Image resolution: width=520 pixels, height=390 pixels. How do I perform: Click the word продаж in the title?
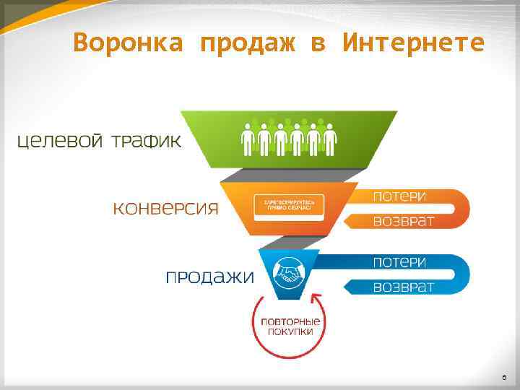[x=248, y=43]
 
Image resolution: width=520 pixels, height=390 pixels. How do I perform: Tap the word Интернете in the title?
[x=413, y=43]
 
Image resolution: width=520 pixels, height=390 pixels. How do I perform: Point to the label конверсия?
[x=165, y=209]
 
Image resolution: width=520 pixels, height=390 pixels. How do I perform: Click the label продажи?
[x=210, y=277]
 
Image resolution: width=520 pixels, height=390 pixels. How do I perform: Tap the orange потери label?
[x=399, y=196]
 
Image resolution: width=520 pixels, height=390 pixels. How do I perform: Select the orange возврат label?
[x=403, y=221]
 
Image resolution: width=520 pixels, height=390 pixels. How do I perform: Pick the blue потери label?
[x=399, y=262]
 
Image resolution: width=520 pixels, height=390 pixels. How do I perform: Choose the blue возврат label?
[x=403, y=287]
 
